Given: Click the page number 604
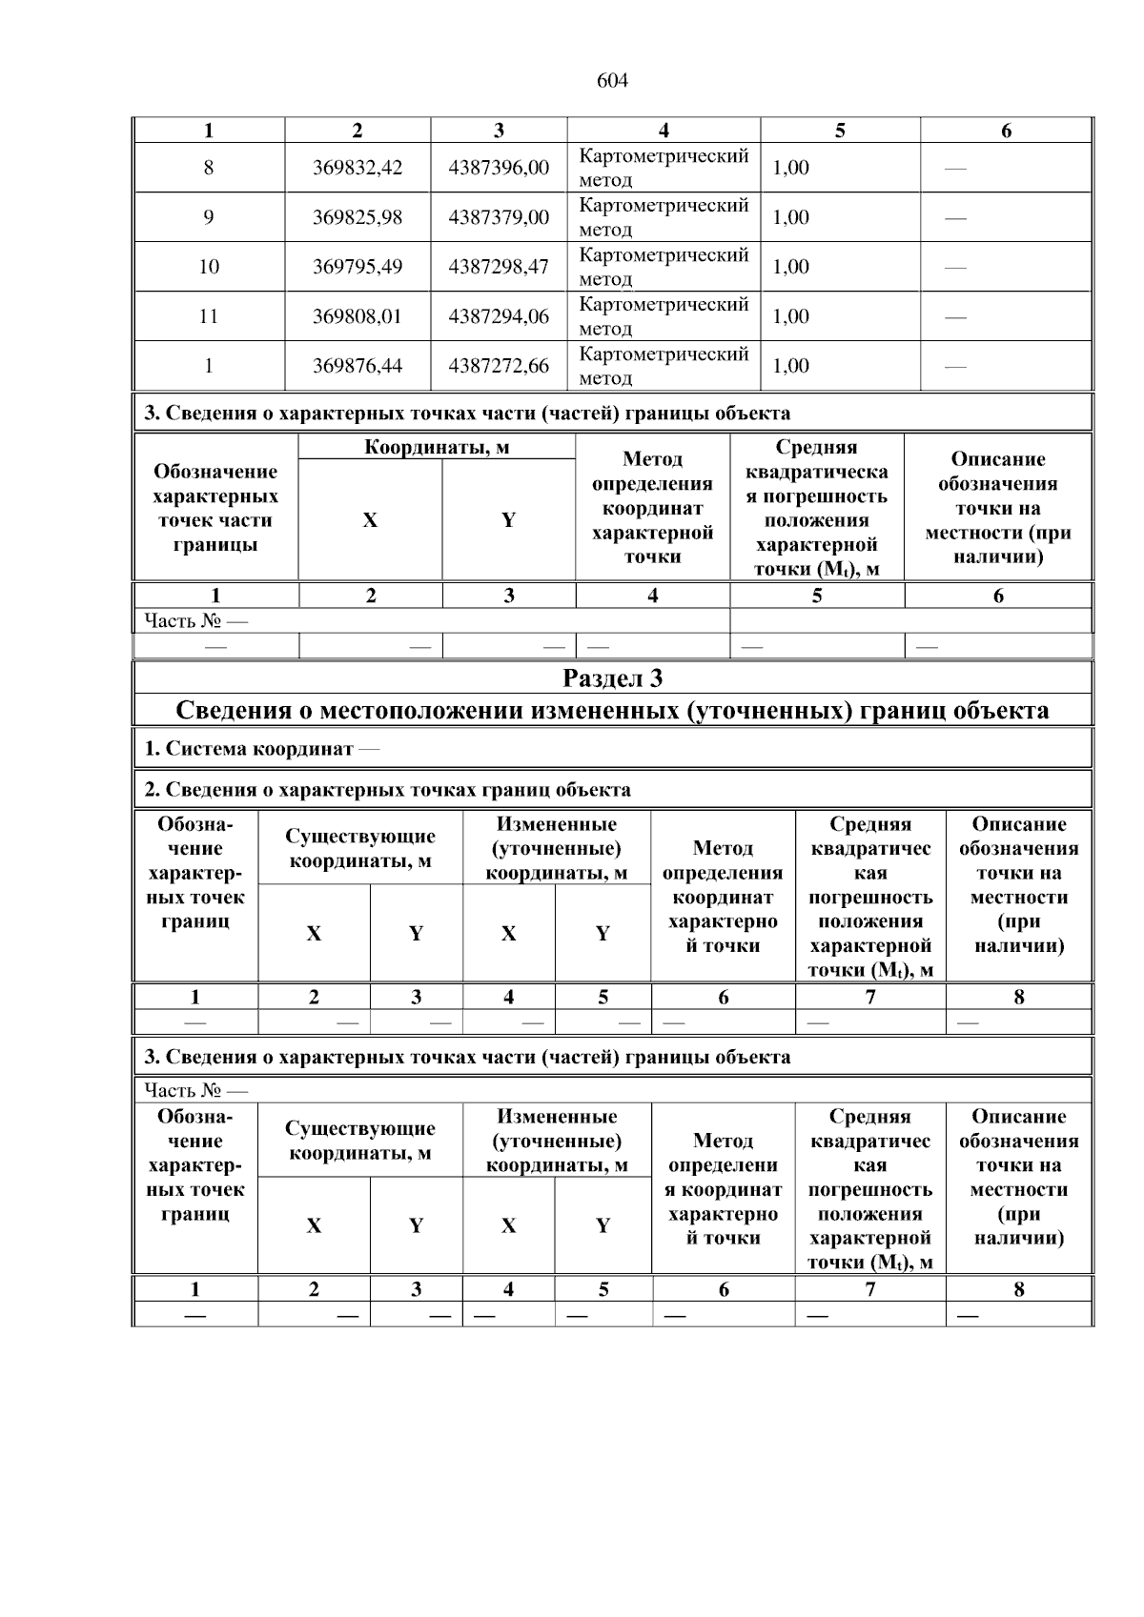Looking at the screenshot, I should coord(612,81).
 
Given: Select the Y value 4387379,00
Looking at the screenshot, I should coord(499,217).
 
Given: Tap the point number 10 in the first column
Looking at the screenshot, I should coord(209,267).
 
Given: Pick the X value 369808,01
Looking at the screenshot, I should coord(357,316).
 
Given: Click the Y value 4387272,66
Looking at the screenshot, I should coord(499,366).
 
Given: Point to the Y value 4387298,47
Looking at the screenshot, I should coord(499,267).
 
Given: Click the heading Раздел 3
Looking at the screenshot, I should coord(612,678).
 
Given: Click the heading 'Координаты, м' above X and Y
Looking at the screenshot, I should coord(437,448).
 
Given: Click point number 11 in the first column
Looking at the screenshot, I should coord(209,316).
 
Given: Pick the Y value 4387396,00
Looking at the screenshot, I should coord(499,168).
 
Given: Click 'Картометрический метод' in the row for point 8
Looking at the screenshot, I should coord(664,168).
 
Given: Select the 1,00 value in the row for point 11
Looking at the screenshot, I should coord(790,316).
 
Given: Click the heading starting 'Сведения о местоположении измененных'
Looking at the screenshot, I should coord(612,711).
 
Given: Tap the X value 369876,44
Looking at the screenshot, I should coord(357,366).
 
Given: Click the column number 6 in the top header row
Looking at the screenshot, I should coord(1006,131).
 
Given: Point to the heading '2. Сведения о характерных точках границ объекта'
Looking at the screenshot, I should coord(387,790).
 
